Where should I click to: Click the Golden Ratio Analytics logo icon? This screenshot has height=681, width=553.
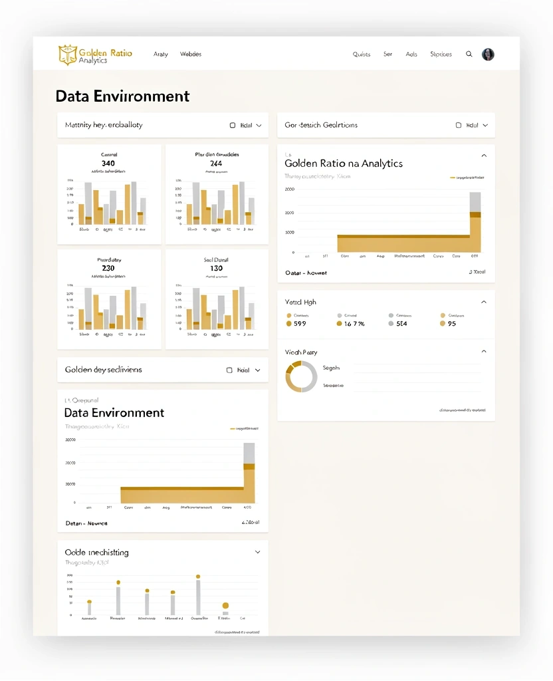(67, 55)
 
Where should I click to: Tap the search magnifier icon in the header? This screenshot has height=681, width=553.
(469, 55)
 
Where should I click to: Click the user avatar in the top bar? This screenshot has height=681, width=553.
(488, 55)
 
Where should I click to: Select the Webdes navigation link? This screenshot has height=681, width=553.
(191, 55)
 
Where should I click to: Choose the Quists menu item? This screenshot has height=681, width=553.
(362, 55)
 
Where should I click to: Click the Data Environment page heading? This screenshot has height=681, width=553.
(122, 96)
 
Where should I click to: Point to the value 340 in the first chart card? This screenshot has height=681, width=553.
(108, 163)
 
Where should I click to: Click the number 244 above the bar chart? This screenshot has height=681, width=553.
(216, 163)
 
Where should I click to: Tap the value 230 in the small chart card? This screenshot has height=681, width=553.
(108, 268)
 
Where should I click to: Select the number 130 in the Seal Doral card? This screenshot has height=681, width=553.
(216, 268)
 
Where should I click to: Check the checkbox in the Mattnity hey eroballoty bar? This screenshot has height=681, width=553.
(233, 125)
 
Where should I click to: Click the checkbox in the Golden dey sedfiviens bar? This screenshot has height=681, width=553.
(229, 370)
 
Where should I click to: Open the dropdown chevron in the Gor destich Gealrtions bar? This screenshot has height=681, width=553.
(485, 125)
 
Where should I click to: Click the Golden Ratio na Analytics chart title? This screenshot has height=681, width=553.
(343, 164)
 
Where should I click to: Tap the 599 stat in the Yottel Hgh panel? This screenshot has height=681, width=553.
(300, 324)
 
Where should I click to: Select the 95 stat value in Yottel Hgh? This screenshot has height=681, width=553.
(452, 324)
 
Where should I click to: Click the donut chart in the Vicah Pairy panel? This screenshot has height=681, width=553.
(302, 376)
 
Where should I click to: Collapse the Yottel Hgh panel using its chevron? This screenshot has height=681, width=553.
(484, 302)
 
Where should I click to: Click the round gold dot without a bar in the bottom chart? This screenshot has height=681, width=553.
(225, 605)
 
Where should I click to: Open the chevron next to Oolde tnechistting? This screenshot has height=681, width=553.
(257, 552)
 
